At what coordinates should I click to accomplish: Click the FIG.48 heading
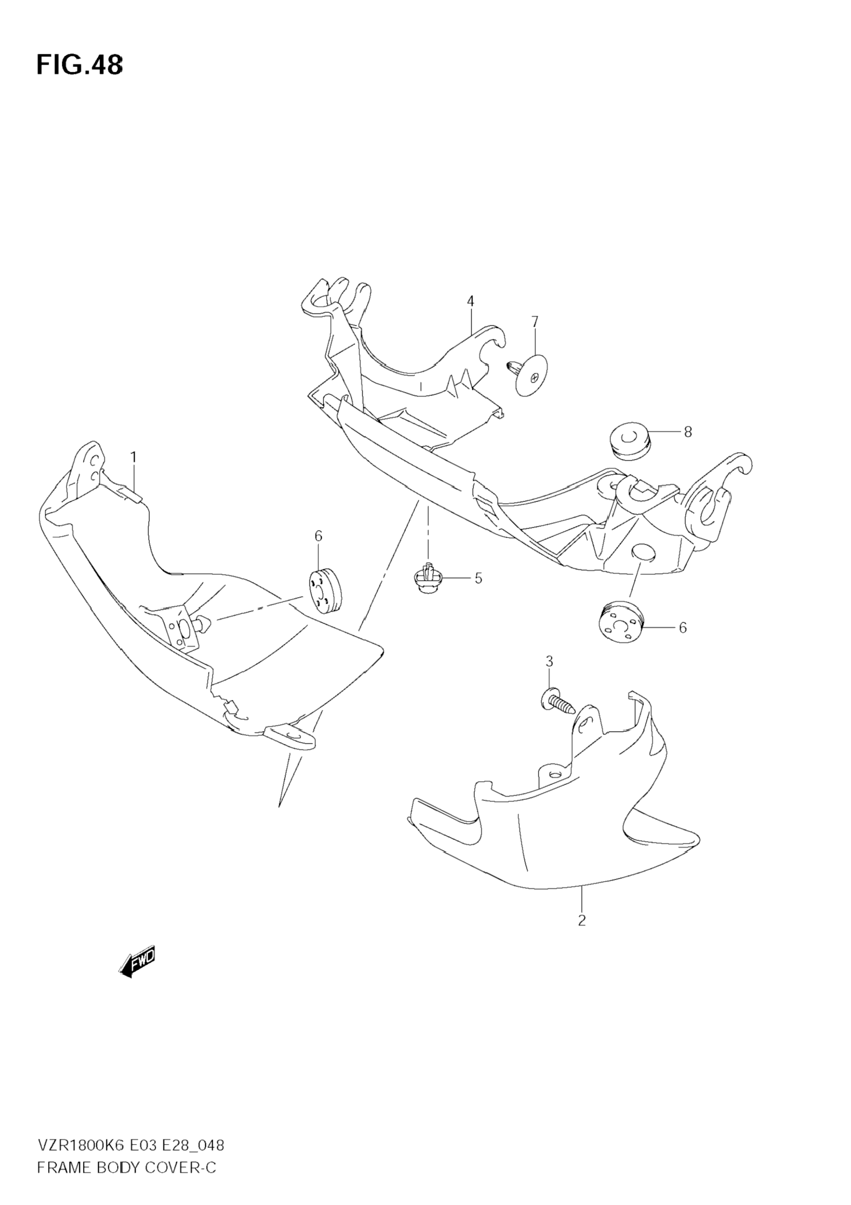[80, 65]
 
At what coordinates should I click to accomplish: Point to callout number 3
[549, 662]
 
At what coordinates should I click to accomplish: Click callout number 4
[470, 301]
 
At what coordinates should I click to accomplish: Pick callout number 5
[478, 578]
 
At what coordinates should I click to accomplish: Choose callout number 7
[534, 321]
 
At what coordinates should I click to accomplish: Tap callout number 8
[688, 432]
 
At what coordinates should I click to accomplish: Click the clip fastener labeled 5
[429, 579]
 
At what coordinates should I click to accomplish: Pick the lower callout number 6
[683, 627]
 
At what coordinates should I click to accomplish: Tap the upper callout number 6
[318, 536]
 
